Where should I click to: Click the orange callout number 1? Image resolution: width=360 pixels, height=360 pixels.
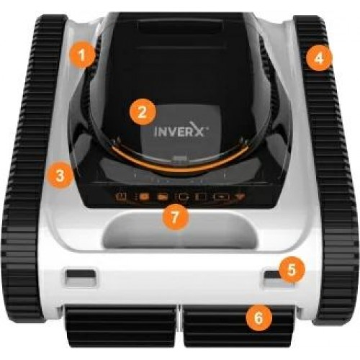coord(82,55)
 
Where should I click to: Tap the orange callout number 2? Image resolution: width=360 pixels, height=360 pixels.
coord(143,112)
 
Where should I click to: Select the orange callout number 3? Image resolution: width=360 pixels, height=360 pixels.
coord(60,175)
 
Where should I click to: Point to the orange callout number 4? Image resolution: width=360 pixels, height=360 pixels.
coord(319,58)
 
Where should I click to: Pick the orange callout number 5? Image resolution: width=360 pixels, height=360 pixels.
coord(292,269)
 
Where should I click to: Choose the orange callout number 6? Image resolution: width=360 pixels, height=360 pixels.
coord(258,318)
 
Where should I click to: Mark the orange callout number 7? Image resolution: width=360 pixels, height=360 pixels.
coord(175,217)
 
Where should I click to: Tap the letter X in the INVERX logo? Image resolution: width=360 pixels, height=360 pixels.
coord(196,129)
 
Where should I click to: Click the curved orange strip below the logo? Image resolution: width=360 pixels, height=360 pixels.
coord(179,166)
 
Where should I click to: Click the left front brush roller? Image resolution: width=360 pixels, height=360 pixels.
coord(121,325)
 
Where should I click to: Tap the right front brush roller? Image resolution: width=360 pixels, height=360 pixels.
coord(239,325)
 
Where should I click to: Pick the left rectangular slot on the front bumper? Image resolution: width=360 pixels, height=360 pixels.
coord(81,276)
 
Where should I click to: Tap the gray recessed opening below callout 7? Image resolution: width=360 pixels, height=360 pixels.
coord(179,232)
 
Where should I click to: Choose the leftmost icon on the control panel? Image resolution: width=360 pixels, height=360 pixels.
coord(121,197)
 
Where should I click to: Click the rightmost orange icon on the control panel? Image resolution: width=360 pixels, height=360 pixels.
coord(239,197)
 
